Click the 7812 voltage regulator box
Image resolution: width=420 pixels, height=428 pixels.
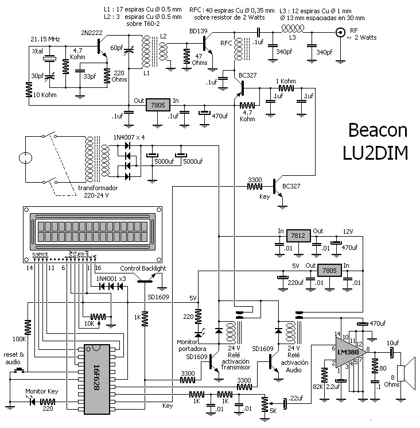297,236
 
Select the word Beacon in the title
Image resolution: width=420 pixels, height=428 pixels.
378,131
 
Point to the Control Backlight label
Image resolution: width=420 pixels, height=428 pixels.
143,268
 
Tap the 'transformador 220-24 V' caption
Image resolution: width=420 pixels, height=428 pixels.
98,191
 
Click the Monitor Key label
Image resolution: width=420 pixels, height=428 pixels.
42,391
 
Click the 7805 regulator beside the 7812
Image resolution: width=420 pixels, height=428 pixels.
330,271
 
